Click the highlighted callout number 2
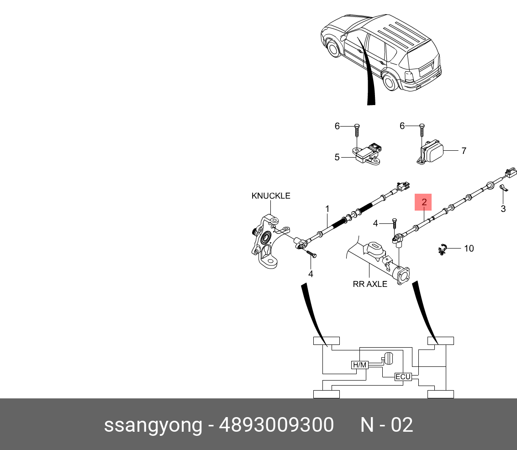pyautogui.click(x=423, y=202)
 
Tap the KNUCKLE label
pyautogui.click(x=271, y=196)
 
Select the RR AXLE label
pyautogui.click(x=370, y=284)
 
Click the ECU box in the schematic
pyautogui.click(x=403, y=377)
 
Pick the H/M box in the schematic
pyautogui.click(x=359, y=365)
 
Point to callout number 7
pyautogui.click(x=464, y=150)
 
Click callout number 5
pyautogui.click(x=337, y=157)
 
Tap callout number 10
pyautogui.click(x=469, y=249)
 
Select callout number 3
pyautogui.click(x=503, y=209)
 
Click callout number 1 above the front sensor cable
pyautogui.click(x=327, y=209)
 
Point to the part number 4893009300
pyautogui.click(x=276, y=425)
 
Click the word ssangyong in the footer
pyautogui.click(x=153, y=425)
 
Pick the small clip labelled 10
pyautogui.click(x=442, y=249)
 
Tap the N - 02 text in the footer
pyautogui.click(x=387, y=425)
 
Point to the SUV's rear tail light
pyautogui.click(x=409, y=76)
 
